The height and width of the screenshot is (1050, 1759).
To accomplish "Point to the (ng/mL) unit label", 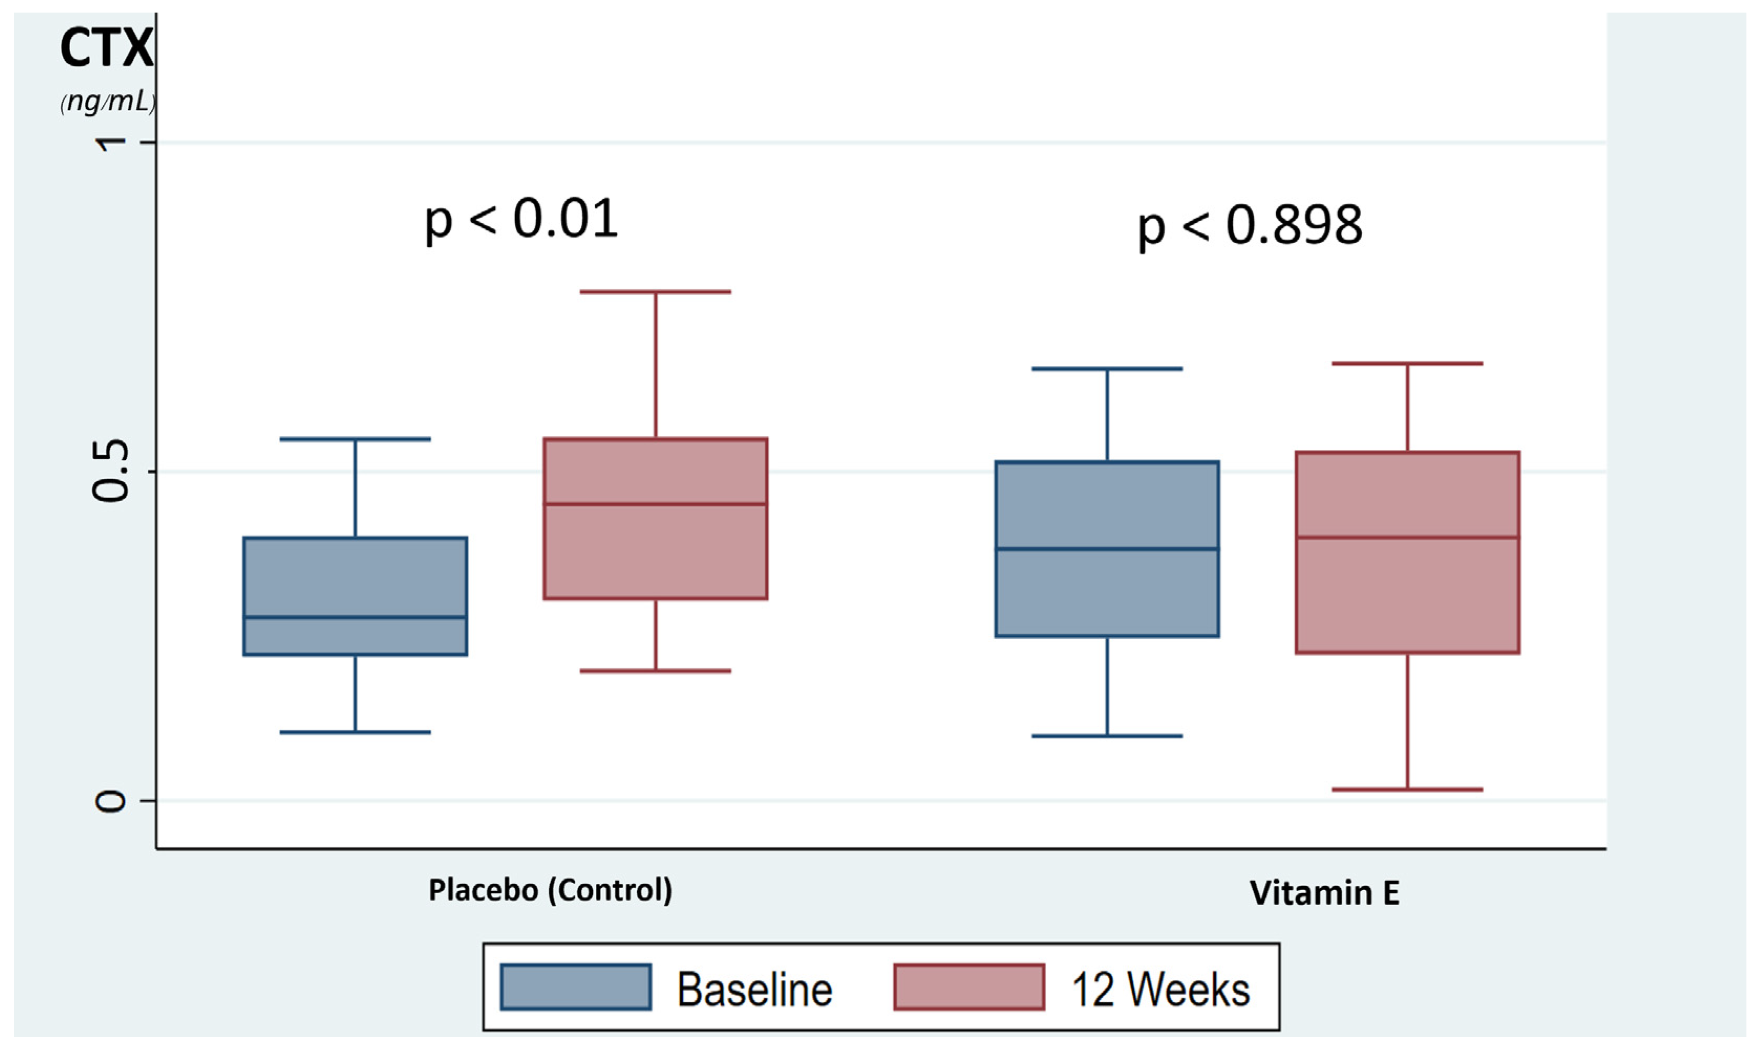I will coord(107,102).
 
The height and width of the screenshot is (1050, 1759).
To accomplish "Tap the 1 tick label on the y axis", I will coord(111,142).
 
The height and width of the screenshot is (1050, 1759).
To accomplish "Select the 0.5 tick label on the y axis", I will coord(111,471).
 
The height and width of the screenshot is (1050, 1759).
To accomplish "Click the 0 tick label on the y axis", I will coord(111,801).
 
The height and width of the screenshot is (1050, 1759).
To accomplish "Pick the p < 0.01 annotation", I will coord(522,219).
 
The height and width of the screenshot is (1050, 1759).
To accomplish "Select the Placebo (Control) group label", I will coord(550,890).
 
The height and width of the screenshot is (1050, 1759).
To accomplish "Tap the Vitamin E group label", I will coord(1324,892).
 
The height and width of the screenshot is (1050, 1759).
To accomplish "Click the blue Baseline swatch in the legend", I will coord(575,987).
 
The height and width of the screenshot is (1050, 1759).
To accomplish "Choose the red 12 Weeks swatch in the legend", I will coord(969,987).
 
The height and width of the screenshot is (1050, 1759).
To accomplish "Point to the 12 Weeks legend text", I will coord(1160,989).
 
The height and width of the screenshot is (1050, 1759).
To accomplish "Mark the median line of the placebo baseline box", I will coord(355,617).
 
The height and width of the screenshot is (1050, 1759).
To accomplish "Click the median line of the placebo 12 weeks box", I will coord(655,504).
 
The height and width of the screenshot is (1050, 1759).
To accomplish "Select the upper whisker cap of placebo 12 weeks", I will coord(655,291).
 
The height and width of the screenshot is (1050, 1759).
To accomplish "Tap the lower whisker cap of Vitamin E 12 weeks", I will coord(1407,789).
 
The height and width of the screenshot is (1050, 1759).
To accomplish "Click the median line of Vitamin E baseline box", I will coord(1107,548).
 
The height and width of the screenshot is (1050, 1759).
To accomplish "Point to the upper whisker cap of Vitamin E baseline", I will coord(1107,369).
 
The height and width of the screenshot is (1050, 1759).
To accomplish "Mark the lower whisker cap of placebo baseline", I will coord(355,732).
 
